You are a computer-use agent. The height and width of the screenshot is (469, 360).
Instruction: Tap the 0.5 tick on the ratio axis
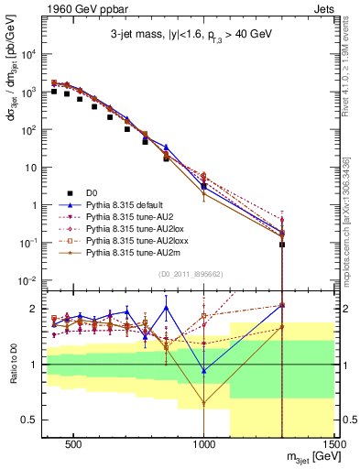(x=28, y=419)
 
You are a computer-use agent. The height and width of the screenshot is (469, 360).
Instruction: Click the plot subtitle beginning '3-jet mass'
(x=190, y=38)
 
